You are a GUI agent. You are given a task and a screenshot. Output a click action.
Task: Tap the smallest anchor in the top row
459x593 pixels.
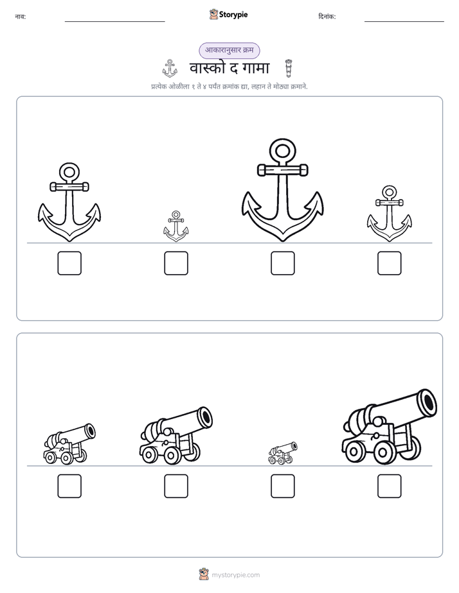pos(175,228)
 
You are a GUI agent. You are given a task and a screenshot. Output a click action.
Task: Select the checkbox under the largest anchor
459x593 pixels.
pos(282,263)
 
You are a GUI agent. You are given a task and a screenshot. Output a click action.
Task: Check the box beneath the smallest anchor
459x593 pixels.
pos(176,263)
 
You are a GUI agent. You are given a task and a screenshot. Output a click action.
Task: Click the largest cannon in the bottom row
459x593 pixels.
pos(390,427)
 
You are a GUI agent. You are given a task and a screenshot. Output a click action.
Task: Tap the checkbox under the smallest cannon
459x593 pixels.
pos(282,486)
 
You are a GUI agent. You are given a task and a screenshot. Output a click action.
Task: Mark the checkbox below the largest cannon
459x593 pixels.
pos(390,486)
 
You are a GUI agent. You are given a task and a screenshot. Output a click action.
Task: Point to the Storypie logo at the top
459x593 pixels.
pos(229,15)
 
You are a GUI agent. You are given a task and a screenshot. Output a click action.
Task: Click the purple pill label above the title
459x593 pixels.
pos(230,50)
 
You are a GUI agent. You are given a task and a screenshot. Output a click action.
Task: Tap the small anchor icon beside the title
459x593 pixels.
pos(170,69)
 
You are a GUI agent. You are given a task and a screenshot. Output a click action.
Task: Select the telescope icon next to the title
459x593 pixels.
pos(289,68)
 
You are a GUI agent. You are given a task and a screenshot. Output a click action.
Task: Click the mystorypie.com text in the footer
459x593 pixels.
pos(235,575)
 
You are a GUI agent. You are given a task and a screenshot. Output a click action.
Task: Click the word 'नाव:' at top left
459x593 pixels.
pos(21,17)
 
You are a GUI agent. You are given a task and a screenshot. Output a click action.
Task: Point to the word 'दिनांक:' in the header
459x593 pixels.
pos(327,17)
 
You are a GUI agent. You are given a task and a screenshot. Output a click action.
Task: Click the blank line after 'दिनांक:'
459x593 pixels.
pos(404,22)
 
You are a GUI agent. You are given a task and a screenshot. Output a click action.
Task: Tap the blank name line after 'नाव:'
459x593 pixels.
pos(114,22)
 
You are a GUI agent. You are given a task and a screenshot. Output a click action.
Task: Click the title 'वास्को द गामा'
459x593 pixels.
pos(230,68)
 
